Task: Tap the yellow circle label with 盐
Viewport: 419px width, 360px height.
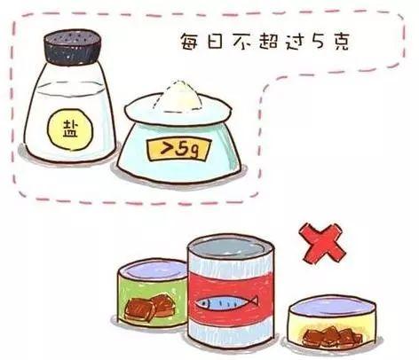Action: pyautogui.click(x=70, y=129)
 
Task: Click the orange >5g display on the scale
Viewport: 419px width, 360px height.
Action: pyautogui.click(x=179, y=149)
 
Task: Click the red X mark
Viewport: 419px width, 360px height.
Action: pyautogui.click(x=322, y=243)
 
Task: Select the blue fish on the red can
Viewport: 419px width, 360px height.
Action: pyautogui.click(x=226, y=302)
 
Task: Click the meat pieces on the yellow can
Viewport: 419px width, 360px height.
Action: pyautogui.click(x=332, y=337)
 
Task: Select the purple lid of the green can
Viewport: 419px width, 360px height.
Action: pyautogui.click(x=153, y=270)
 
